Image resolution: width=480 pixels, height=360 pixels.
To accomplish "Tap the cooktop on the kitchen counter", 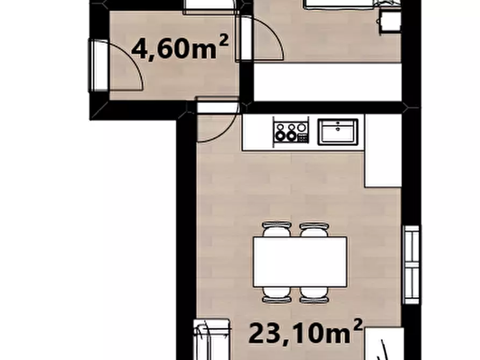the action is pos(291,132).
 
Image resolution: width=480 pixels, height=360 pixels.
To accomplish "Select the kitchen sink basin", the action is pos(338,132).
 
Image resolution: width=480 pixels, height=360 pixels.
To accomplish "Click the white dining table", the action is pos(300,262).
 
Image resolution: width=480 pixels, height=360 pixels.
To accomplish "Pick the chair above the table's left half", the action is pos(276,229).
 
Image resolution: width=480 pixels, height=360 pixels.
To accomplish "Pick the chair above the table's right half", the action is pos(314,229).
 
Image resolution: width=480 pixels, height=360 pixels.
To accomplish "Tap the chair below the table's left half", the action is pos(276,295).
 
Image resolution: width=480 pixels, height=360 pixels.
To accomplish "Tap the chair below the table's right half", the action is pos(314,295).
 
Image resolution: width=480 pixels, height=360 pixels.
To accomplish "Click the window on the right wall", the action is pos(411,265).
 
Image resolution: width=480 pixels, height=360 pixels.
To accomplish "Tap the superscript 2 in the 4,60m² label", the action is pos(224,40).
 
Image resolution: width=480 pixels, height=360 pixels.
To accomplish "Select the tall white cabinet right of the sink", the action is pos(383,150).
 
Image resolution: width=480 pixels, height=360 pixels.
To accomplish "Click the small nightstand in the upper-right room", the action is pos(390,21).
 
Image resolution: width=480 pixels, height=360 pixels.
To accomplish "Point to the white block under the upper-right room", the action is pos(327,82).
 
